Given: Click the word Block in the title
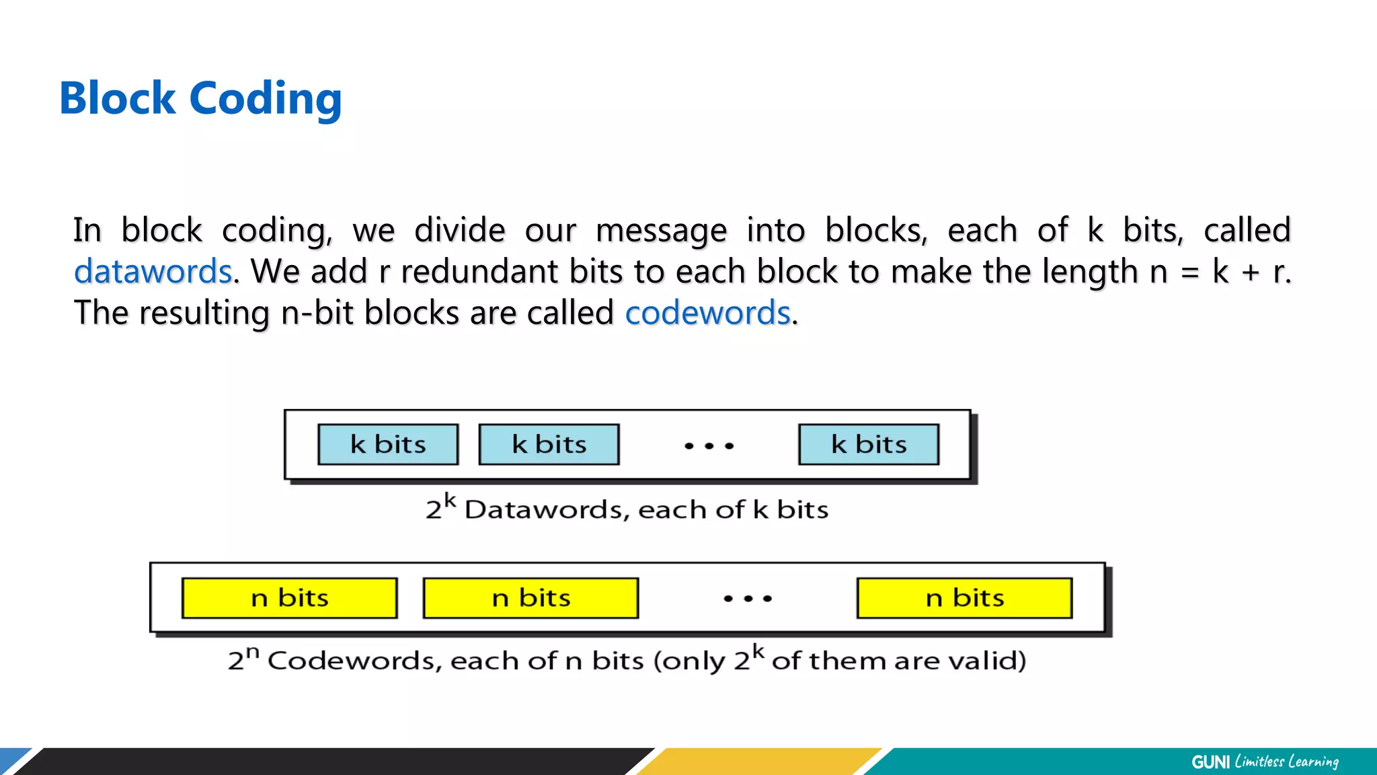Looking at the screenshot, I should point(117,98).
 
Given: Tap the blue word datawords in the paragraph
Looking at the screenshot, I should point(153,272).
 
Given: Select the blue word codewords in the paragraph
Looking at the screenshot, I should point(707,313).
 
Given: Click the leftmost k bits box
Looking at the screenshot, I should point(388,445).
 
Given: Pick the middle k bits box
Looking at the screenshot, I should point(549,445).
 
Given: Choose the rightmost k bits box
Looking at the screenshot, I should point(869,445).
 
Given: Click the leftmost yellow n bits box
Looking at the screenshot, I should point(289,598).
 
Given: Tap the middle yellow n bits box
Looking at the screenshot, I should point(530,598).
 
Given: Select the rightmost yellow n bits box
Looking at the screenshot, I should point(964,598).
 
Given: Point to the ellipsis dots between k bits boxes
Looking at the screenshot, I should point(709,446).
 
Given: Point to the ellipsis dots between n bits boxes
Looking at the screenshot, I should point(748,598).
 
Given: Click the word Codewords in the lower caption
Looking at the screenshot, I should point(354,661).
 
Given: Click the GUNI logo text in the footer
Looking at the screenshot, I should point(1210,762).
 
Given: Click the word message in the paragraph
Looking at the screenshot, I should point(661,231).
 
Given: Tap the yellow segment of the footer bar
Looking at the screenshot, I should point(760,762).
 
